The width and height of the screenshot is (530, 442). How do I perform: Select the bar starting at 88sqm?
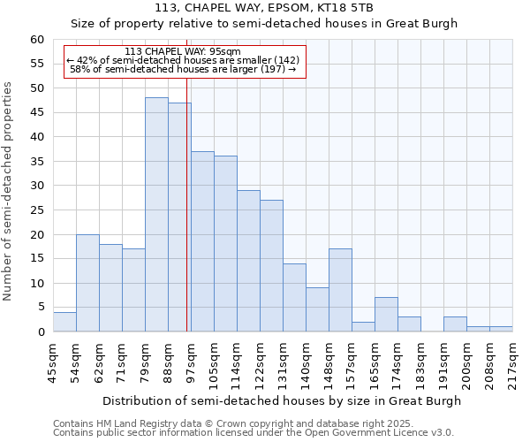point(179,217)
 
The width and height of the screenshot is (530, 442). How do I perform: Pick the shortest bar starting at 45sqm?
point(64,322)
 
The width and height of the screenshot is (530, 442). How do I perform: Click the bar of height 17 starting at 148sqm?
point(340,290)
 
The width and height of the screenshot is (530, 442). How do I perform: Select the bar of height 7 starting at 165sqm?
point(386,315)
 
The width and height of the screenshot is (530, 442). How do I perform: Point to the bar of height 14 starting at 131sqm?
point(294,298)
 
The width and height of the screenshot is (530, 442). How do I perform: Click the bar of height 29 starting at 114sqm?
point(248,261)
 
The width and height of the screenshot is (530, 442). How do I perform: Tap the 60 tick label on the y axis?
point(36,40)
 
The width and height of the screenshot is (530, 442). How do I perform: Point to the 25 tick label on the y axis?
point(36,210)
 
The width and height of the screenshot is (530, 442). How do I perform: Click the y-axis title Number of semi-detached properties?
point(9,191)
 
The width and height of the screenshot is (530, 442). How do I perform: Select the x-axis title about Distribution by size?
point(282,400)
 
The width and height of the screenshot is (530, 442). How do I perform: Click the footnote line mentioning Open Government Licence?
point(254,433)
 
